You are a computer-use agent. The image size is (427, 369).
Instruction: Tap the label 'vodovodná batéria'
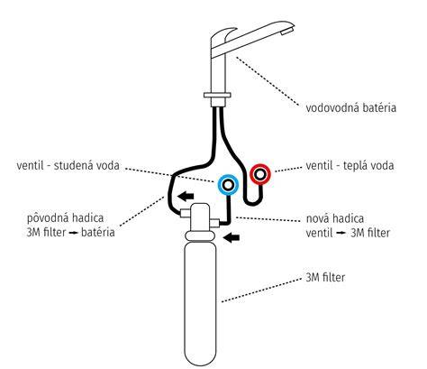[x=350, y=107]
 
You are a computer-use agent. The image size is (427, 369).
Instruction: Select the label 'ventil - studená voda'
[x=68, y=165]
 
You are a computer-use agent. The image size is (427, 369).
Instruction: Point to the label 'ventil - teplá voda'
[x=350, y=165]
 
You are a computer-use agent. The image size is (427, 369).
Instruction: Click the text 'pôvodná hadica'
[x=66, y=218]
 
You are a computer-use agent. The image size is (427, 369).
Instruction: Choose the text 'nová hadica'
[x=335, y=218]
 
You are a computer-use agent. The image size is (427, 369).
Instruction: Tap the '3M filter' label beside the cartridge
[x=325, y=277]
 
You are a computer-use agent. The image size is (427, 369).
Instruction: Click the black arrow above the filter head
[x=186, y=197]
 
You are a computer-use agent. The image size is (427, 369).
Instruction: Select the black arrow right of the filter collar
[x=232, y=237]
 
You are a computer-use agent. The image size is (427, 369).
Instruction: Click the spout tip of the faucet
[x=287, y=31]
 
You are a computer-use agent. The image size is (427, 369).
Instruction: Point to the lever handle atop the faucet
[x=223, y=33]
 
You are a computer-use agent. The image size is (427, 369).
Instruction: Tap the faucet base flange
[x=217, y=95]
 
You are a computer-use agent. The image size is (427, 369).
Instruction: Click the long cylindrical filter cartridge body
[x=200, y=302]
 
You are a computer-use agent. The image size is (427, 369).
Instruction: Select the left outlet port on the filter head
[x=185, y=213]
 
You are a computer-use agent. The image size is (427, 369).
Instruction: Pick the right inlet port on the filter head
[x=214, y=223]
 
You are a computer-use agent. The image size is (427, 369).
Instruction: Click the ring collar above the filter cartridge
[x=200, y=235]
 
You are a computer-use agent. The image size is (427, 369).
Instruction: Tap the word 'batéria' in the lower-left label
[x=98, y=232]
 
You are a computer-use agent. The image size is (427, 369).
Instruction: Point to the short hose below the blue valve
[x=228, y=210]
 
